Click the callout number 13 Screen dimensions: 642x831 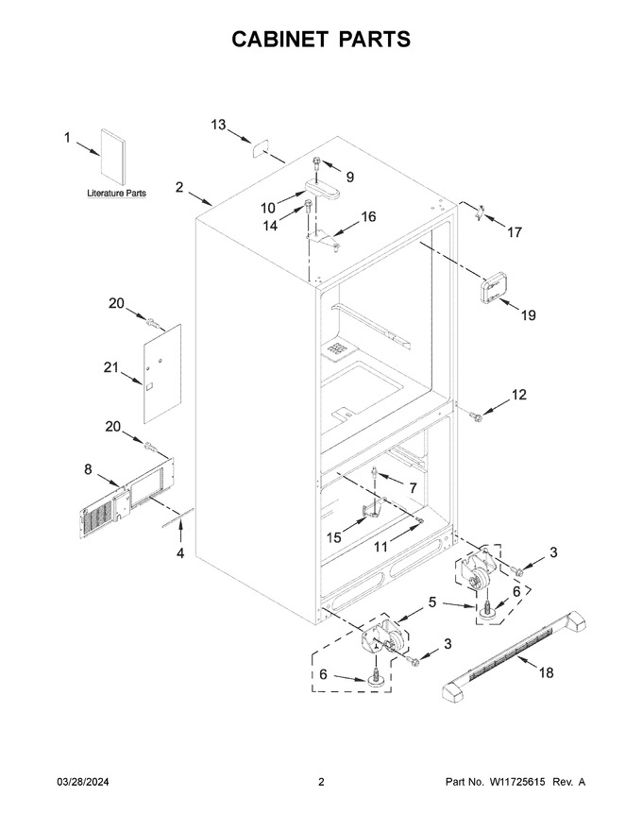pyautogui.click(x=218, y=125)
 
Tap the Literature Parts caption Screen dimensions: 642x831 pyautogui.click(x=116, y=194)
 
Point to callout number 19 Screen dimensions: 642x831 pyautogui.click(x=528, y=315)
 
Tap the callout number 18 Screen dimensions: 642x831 pyautogui.click(x=546, y=672)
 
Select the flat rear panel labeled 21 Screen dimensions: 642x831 pyautogui.click(x=162, y=374)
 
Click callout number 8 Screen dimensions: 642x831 pyautogui.click(x=88, y=469)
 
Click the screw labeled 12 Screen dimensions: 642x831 pyautogui.click(x=476, y=417)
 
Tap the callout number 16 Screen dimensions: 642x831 pyautogui.click(x=368, y=216)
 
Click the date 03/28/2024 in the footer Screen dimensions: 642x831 pyautogui.click(x=83, y=782)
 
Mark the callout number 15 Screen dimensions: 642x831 pyautogui.click(x=333, y=537)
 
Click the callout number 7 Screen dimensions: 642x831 pyautogui.click(x=413, y=488)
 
